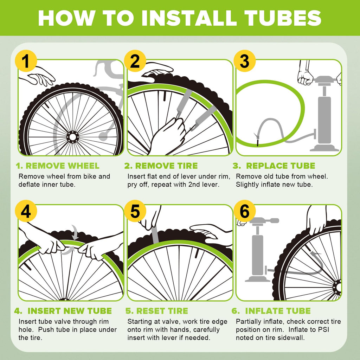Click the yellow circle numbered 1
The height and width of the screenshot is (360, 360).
click(26, 61)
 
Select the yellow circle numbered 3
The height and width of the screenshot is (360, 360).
click(244, 61)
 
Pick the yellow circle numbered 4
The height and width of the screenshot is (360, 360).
click(26, 212)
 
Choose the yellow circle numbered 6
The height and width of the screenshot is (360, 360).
click(244, 212)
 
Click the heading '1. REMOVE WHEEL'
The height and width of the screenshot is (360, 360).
click(58, 166)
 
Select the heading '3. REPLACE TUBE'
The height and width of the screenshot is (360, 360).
click(274, 166)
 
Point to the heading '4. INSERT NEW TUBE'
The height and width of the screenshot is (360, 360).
click(63, 311)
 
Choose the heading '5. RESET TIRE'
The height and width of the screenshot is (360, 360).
click(157, 311)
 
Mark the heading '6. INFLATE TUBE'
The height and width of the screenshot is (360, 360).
click(271, 311)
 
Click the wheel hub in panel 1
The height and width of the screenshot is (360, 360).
click(73, 136)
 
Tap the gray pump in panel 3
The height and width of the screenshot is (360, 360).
click(324, 112)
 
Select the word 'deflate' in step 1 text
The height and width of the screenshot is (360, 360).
click(30, 185)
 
